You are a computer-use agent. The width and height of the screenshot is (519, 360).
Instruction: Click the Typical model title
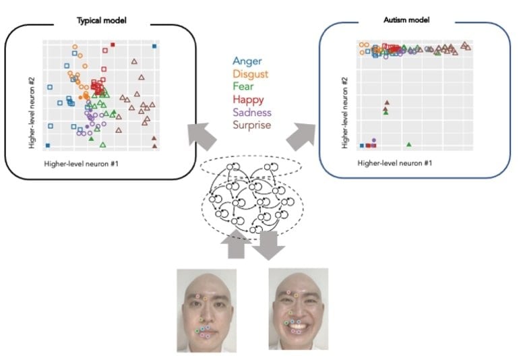pos(102,20)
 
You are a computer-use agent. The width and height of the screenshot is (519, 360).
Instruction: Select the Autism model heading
pos(406,20)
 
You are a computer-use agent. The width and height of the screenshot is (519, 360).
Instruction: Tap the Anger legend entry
pos(247,61)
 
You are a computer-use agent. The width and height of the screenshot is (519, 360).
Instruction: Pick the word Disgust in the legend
pos(251,74)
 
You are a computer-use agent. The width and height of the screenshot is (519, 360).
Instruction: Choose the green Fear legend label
pos(243,86)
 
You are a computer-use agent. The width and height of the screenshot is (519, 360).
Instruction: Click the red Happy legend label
pos(248,100)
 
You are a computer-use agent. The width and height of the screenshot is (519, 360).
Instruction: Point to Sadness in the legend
pos(252,113)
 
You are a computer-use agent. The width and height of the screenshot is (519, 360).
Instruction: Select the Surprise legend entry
pos(251,125)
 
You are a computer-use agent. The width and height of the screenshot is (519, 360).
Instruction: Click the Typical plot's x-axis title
pos(81,164)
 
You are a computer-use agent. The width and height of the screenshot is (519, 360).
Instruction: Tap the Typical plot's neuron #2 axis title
pos(32,113)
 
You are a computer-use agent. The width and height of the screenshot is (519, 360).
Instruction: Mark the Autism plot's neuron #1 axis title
pos(394,163)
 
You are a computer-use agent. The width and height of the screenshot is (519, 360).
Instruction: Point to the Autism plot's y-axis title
pos(345,113)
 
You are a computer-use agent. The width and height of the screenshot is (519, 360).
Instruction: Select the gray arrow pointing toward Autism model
pos(301,136)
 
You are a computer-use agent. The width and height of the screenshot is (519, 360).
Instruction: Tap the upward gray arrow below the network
pos(236,244)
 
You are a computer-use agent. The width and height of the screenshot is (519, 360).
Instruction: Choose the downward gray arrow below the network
pos(268,245)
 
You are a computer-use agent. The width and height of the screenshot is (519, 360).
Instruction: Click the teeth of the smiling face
pos(298,326)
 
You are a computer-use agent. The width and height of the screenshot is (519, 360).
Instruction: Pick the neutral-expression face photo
pos(206,310)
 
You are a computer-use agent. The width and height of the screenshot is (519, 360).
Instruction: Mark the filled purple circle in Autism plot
pos(373,140)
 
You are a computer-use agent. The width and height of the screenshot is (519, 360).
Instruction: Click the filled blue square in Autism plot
pos(362,146)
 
